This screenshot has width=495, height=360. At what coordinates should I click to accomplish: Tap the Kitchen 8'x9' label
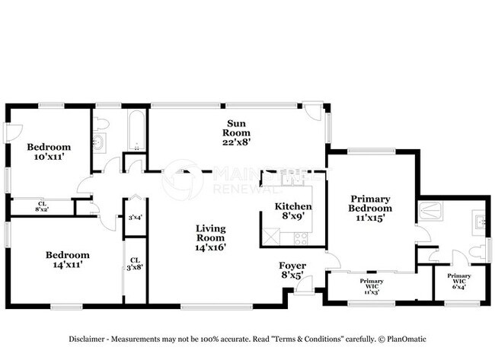[x=293, y=211]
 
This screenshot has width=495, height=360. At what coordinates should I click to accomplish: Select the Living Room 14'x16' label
[x=210, y=237]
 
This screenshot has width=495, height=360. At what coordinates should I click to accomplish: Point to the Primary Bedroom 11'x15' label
[x=370, y=208]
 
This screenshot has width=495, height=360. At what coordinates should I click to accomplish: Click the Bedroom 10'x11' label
[x=49, y=151]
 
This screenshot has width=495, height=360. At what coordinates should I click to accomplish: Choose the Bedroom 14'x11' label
[x=67, y=260]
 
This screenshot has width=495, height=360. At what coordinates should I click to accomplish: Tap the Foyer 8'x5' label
[x=292, y=270]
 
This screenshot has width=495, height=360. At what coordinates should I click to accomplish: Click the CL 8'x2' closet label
[x=41, y=206]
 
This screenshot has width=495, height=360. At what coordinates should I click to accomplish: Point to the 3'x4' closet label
[x=135, y=218]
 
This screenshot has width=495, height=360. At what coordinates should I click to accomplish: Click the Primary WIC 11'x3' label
[x=371, y=285]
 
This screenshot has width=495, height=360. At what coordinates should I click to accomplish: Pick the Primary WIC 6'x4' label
[x=458, y=281]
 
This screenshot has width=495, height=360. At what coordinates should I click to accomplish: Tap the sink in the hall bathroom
[x=99, y=144]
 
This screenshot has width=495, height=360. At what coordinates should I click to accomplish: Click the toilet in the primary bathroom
[x=477, y=251]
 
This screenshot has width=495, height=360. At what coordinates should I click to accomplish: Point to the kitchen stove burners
[x=300, y=237]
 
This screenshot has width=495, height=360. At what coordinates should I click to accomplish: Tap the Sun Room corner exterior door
[x=313, y=112]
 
